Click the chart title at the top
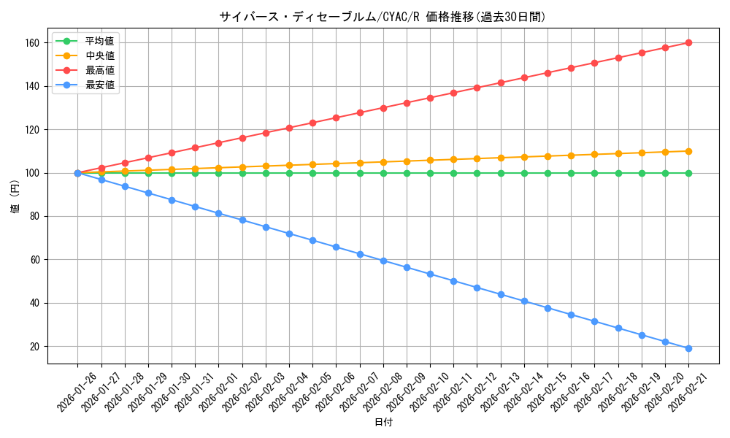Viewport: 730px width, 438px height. click(383, 17)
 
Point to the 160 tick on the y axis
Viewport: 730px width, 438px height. click(33, 43)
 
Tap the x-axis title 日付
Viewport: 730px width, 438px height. click(383, 423)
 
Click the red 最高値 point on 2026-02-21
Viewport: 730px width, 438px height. click(688, 43)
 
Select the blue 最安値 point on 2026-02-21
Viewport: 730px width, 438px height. click(688, 348)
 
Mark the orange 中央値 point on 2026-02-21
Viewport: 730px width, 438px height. click(688, 151)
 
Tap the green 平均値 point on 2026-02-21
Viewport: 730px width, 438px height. click(688, 173)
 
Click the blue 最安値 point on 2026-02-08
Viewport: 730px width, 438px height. click(383, 261)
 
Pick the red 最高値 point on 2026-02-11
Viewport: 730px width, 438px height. click(453, 93)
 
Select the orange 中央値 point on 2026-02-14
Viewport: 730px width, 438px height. click(524, 157)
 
